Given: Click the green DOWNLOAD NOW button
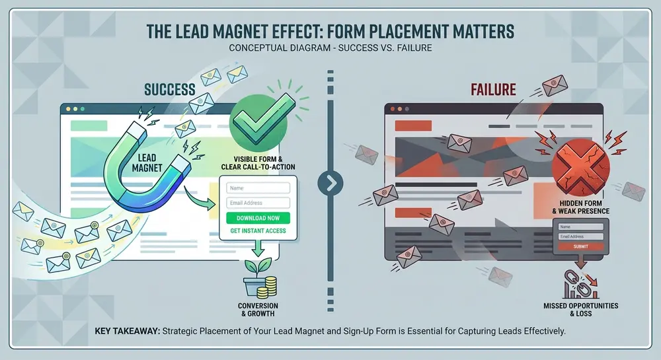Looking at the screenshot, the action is (x=258, y=218).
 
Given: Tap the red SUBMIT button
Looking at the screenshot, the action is (x=580, y=246).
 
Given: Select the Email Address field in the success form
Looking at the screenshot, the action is (x=258, y=203).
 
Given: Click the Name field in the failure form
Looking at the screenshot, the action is (x=580, y=227).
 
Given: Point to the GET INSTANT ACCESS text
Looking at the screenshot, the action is (x=258, y=231).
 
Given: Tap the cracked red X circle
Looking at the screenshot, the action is (x=580, y=168).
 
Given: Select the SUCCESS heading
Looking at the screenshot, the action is (x=169, y=90).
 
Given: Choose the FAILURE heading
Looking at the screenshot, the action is (x=493, y=90).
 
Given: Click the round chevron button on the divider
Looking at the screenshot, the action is (x=330, y=183).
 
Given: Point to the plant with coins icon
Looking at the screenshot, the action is (x=260, y=277).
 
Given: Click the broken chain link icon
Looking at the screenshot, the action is (x=580, y=284).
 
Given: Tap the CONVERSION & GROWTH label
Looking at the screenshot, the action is (x=258, y=310).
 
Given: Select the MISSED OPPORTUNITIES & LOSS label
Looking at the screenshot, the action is (x=580, y=310).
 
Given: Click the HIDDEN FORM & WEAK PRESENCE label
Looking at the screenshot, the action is (x=580, y=207).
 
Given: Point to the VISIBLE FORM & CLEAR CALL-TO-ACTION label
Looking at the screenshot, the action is (x=258, y=163).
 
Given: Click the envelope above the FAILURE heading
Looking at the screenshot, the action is (x=555, y=85).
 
